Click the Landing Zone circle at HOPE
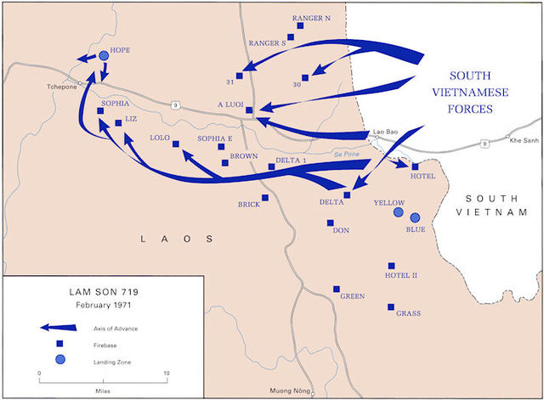(104, 55)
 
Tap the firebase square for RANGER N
(299, 25)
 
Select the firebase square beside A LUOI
(249, 110)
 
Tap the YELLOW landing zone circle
(398, 212)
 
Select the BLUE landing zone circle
(415, 217)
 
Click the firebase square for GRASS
(391, 307)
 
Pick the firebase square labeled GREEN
(337, 289)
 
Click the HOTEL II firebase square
(392, 266)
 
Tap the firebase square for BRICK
(264, 198)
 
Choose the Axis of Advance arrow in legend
(55, 328)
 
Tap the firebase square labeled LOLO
(176, 144)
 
